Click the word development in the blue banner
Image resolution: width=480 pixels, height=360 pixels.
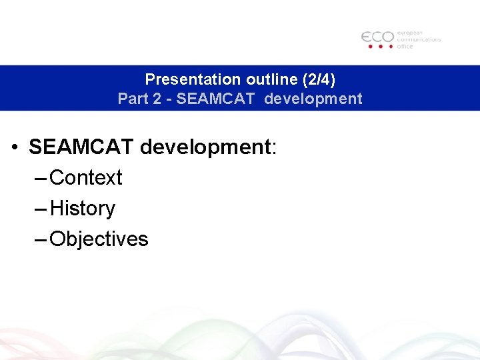coord(313,99)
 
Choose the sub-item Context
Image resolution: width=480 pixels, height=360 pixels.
coord(86,178)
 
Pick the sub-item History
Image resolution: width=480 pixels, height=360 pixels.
coord(83,209)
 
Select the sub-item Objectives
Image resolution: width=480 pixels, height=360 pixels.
coord(99,239)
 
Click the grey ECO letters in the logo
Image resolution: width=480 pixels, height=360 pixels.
coord(377,37)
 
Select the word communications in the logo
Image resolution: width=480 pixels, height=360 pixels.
coord(419,39)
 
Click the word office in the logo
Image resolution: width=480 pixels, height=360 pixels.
coord(405,47)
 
